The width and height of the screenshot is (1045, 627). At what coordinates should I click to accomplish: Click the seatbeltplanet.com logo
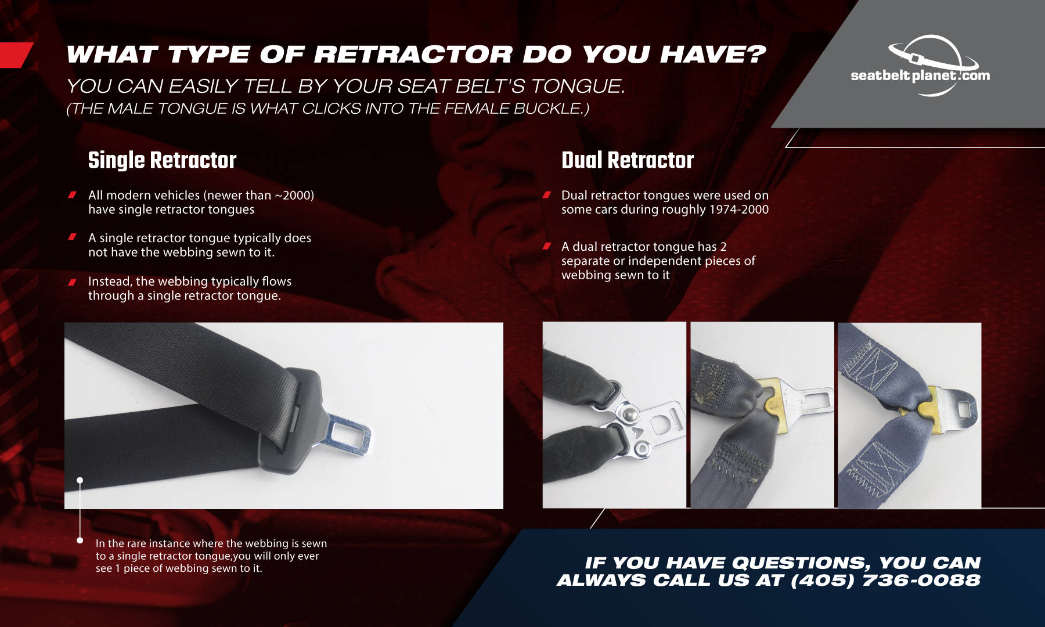coord(920,66)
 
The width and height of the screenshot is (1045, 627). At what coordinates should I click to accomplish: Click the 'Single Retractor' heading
coord(162,160)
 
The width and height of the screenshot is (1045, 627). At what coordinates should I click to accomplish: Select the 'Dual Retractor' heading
coord(628,160)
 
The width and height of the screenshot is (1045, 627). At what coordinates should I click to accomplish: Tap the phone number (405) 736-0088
coord(885,580)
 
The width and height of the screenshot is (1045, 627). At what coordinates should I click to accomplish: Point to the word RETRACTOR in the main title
coord(413,55)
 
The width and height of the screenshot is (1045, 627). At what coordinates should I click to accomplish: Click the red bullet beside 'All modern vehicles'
coord(73,195)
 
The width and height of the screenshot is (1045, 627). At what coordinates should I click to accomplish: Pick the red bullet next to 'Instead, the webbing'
coord(73,282)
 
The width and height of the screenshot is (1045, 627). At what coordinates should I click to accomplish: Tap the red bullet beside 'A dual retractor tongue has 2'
coord(546,246)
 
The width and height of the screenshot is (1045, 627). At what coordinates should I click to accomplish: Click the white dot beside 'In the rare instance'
coord(80,540)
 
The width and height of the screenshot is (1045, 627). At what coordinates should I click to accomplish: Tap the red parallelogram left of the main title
coord(16,55)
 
